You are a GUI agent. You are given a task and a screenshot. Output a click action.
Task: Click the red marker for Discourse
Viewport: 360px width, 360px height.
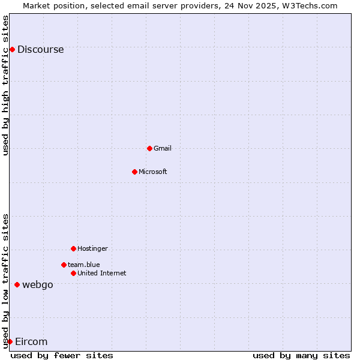click(12, 49)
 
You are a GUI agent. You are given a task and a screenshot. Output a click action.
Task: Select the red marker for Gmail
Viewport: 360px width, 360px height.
click(149, 148)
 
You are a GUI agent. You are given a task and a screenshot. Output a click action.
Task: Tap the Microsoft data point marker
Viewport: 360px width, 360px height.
click(134, 172)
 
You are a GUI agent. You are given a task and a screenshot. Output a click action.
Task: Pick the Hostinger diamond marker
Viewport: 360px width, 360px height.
click(73, 248)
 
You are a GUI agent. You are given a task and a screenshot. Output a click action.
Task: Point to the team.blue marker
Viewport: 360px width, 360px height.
click(64, 265)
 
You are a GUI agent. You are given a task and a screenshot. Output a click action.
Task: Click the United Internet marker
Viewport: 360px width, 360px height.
click(73, 273)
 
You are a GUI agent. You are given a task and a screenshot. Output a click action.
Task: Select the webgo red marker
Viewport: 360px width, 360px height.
click(17, 284)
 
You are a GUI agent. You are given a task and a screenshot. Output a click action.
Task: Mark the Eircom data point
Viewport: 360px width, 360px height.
click(10, 341)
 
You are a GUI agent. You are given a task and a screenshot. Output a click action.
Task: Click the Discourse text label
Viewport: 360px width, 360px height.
click(40, 50)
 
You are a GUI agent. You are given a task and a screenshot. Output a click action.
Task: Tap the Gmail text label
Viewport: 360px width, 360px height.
click(163, 148)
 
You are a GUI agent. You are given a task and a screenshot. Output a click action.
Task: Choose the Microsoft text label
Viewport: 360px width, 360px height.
click(153, 172)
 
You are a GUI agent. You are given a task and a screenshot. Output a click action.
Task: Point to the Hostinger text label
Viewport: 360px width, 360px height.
click(92, 248)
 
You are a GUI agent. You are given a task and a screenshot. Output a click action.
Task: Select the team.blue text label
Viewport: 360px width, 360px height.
click(84, 265)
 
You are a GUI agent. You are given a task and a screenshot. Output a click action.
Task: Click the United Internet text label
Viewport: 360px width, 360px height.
click(102, 273)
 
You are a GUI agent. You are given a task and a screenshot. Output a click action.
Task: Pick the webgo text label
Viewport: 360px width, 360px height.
click(38, 285)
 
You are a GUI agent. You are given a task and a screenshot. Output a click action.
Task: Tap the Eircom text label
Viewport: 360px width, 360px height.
click(31, 342)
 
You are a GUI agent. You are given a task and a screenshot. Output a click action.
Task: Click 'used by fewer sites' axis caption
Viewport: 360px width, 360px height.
click(62, 355)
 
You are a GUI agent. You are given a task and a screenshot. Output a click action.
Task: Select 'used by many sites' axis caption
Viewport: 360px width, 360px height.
click(301, 355)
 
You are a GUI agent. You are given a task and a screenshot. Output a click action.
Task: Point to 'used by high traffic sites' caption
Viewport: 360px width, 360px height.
click(6, 85)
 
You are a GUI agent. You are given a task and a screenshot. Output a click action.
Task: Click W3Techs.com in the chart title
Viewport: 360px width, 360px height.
click(310, 5)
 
